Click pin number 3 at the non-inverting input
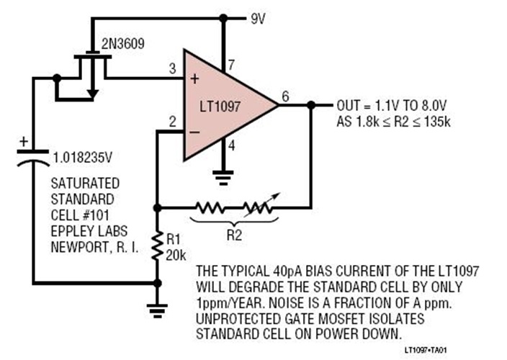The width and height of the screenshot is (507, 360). (x=172, y=68)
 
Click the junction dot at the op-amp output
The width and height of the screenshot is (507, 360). (x=310, y=104)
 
